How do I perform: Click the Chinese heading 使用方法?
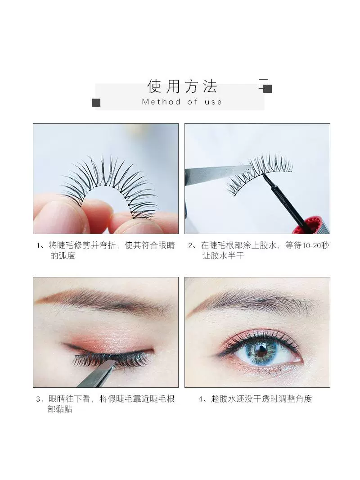click(x=182, y=86)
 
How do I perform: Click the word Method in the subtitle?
click(x=161, y=102)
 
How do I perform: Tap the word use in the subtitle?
click(x=213, y=102)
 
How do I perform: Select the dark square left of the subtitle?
click(x=96, y=103)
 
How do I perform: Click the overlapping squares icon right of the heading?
click(x=265, y=86)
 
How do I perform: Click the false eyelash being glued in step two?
click(x=259, y=173)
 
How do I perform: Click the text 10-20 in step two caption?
click(x=311, y=245)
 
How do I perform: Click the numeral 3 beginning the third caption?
click(x=38, y=399)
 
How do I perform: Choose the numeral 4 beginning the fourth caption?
click(x=200, y=399)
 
